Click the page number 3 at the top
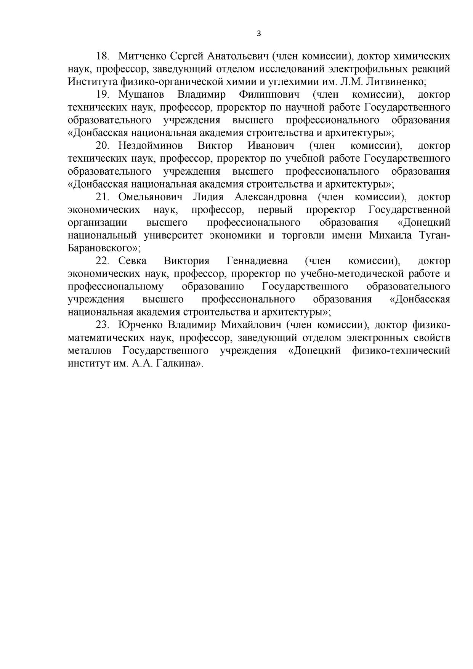coord(259,34)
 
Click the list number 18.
coord(103,56)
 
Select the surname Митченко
coord(142,56)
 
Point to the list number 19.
coord(103,95)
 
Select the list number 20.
coord(103,146)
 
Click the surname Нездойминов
coord(151,146)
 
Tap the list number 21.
coord(103,197)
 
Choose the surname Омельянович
coord(150,197)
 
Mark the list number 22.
coord(103,261)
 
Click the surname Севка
coord(132,261)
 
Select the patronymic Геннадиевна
coord(257,261)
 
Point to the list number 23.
coord(103,325)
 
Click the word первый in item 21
coord(275,210)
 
